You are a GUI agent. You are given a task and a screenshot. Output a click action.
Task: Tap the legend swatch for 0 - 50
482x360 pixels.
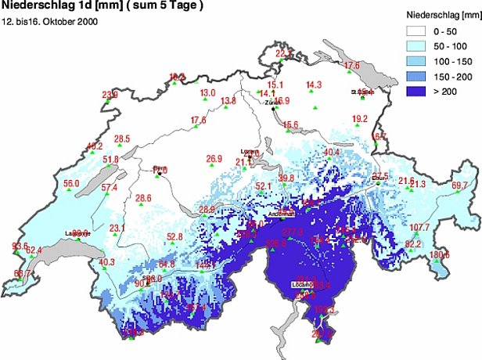click(x=419, y=32)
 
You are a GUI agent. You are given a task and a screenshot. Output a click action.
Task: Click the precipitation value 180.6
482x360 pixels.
click(x=439, y=255)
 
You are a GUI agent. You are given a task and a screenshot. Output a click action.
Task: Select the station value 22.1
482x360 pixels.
click(x=284, y=54)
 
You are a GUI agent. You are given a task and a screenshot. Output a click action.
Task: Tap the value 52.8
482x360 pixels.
click(x=174, y=237)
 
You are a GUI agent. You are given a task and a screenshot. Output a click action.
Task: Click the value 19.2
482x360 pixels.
click(x=360, y=120)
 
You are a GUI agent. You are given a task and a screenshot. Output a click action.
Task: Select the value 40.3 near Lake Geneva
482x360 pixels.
click(x=107, y=262)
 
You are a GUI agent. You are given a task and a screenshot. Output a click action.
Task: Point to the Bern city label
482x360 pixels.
click(x=160, y=167)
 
